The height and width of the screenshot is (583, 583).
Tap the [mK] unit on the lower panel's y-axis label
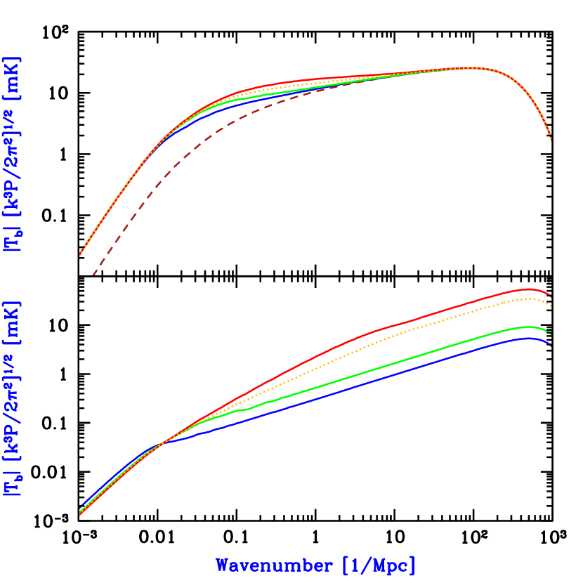13,324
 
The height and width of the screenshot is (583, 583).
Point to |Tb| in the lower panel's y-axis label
13,483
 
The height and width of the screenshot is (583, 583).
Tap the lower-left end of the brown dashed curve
93,274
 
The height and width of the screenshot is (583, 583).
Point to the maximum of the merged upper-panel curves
469,67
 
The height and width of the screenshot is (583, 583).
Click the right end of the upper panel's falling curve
551,139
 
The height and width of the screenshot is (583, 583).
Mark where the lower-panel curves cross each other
163,442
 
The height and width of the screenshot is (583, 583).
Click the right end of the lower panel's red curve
551,296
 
